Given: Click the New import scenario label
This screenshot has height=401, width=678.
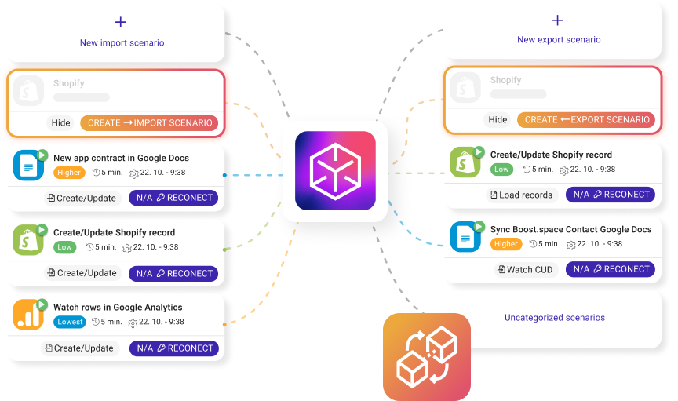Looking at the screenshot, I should (x=122, y=43).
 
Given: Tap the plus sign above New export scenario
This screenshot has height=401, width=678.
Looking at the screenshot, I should (x=558, y=20).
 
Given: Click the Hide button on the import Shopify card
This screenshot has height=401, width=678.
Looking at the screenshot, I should (x=60, y=122).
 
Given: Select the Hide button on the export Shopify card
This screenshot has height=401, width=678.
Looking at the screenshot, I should (x=498, y=119).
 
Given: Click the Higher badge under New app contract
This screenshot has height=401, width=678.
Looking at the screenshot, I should (x=68, y=172).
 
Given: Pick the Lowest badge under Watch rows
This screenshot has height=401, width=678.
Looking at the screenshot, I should (x=70, y=322).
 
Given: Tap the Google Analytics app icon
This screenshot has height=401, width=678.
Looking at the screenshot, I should (x=28, y=315).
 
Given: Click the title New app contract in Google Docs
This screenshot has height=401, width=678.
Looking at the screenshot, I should (x=121, y=158).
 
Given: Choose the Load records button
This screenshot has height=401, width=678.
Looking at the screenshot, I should (x=520, y=195).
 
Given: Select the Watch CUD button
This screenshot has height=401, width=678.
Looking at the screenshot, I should (x=525, y=269).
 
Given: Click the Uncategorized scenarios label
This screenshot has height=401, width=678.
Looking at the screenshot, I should (x=554, y=318).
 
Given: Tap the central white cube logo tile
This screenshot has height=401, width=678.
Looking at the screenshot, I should (x=335, y=171).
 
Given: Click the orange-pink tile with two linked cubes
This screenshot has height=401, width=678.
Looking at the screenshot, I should (x=426, y=357).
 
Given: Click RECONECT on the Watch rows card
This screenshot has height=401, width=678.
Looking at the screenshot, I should (x=174, y=348).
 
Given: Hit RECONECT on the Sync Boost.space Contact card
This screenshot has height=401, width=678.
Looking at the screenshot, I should (x=611, y=269).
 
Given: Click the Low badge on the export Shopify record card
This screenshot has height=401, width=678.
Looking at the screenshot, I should (x=501, y=169).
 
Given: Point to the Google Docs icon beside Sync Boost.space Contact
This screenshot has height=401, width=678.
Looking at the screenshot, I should (x=465, y=236).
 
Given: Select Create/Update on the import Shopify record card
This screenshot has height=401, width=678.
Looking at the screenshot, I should (x=82, y=273).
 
